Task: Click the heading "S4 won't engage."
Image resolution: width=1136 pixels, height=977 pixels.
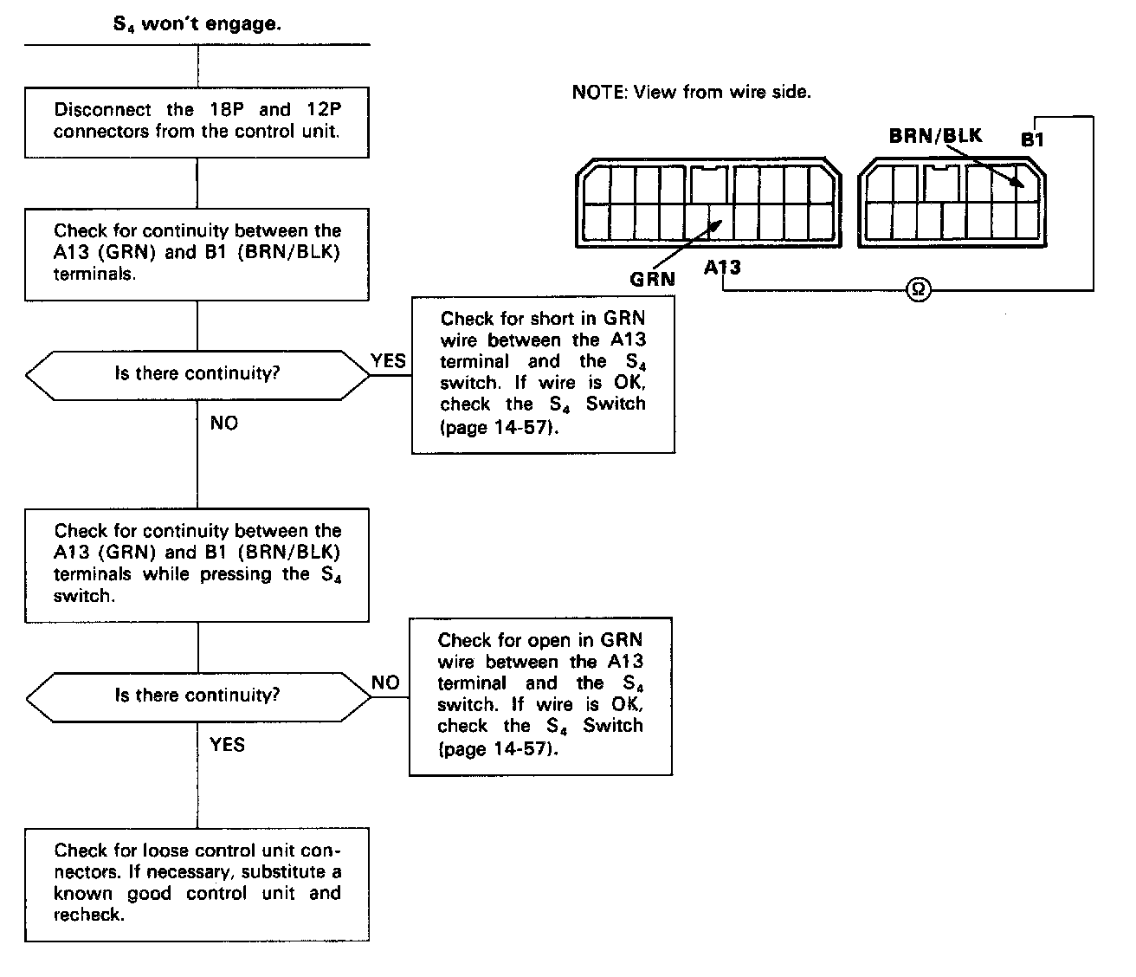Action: coord(197,24)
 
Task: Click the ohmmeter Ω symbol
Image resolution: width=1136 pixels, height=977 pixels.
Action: coord(918,290)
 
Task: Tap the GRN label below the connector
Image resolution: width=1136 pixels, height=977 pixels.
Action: coord(652,279)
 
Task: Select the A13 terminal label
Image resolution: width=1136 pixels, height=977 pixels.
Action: coord(722,267)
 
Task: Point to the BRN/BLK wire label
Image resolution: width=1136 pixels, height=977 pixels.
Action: coord(935,136)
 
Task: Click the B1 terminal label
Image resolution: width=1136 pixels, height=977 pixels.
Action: coord(1032,139)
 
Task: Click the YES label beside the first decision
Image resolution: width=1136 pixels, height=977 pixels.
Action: coord(388,360)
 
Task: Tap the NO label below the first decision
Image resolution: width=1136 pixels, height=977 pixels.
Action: coord(223,424)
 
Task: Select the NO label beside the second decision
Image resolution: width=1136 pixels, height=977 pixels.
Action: coord(385,683)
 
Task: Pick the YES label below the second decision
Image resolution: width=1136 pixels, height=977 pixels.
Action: coord(227,745)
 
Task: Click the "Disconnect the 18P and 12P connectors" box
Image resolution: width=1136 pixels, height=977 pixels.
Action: coord(197,121)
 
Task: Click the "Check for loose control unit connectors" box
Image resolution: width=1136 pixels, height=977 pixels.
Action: coord(197,883)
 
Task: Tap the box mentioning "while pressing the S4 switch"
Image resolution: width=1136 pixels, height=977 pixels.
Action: coord(197,564)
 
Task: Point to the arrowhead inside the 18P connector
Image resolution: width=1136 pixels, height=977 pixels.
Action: coord(715,223)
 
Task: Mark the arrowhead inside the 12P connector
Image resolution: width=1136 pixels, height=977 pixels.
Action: coord(1018,183)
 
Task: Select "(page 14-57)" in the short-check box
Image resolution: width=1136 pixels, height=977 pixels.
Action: coord(495,427)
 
